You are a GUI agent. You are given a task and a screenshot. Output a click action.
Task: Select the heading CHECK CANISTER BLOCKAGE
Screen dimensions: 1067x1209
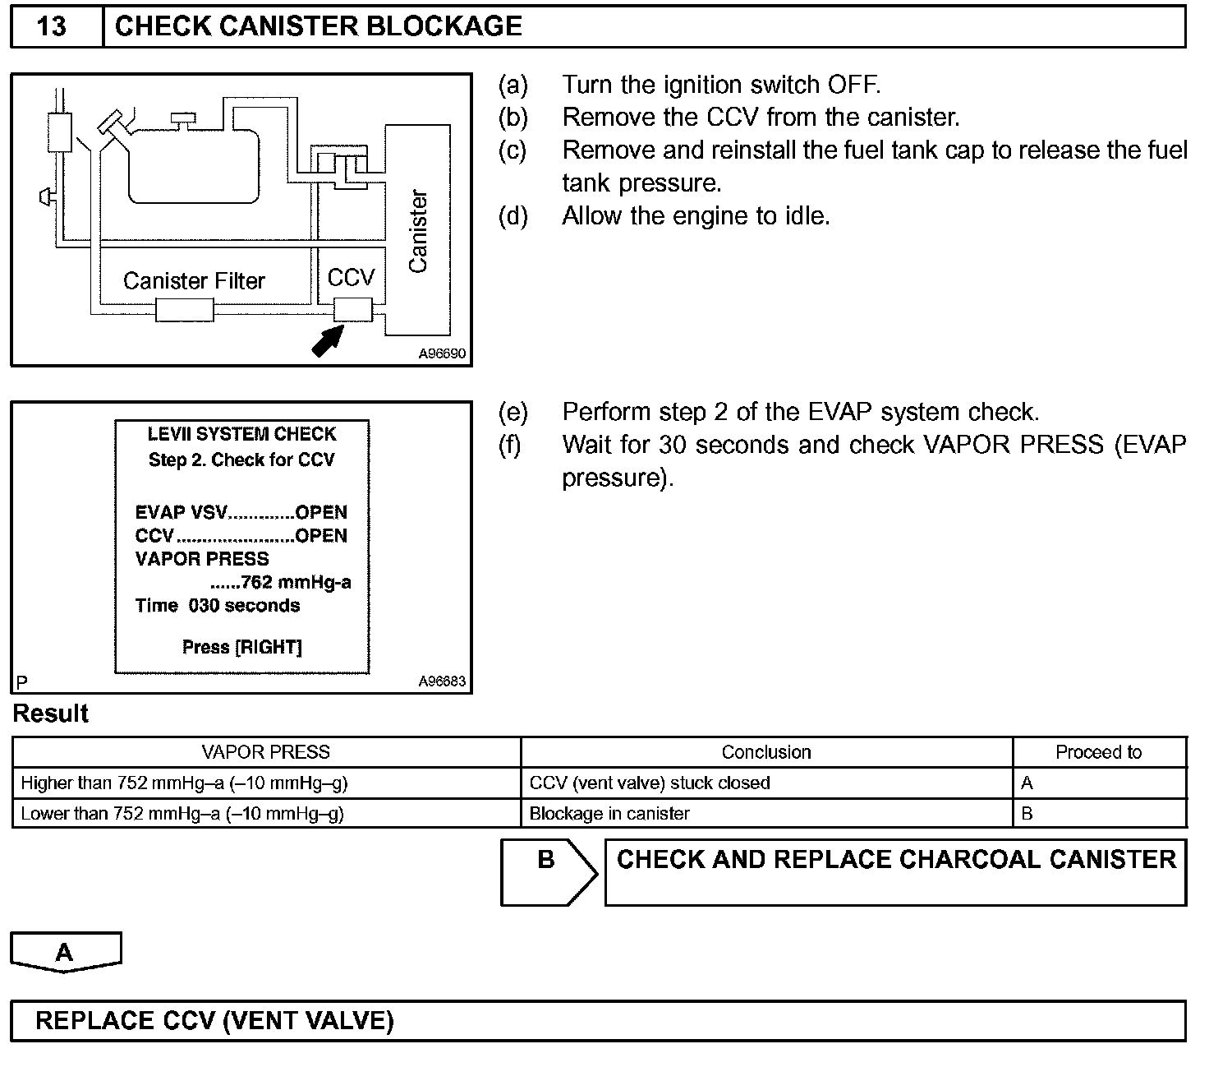coord(318,26)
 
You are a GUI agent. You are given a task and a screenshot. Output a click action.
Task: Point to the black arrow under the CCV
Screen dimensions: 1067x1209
coord(329,340)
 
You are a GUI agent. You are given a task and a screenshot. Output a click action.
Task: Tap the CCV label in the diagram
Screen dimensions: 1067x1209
coord(351,278)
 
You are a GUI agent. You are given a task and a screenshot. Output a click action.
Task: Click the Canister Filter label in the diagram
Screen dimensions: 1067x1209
coord(194,281)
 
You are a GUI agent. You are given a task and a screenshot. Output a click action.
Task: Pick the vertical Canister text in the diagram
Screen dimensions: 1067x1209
coord(418,231)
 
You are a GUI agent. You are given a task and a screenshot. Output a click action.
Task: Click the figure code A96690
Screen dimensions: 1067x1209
coord(442,354)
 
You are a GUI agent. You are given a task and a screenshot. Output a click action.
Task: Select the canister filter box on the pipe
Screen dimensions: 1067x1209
coord(185,310)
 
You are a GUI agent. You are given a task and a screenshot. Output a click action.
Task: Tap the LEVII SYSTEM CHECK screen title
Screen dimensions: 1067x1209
coord(241,434)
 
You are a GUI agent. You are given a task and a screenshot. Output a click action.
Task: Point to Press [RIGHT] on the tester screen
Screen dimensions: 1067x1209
coord(242,647)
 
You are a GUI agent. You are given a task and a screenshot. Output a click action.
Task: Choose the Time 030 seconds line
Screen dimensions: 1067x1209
coord(218,606)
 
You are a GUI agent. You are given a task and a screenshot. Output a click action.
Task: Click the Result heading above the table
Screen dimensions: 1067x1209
coord(51,714)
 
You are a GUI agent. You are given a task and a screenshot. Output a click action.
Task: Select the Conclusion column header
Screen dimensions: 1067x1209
coord(765,752)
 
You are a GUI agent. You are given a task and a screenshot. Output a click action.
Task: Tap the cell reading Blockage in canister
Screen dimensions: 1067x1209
coord(609,814)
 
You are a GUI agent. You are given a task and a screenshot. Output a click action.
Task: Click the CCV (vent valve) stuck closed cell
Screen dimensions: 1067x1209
coord(650,783)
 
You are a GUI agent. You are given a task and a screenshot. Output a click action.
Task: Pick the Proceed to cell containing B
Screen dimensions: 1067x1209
coord(1027,814)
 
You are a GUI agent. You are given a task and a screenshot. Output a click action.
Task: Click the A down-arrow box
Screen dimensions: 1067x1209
coord(65,953)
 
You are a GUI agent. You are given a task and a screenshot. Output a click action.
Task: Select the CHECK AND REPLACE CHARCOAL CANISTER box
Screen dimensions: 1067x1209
coord(895,871)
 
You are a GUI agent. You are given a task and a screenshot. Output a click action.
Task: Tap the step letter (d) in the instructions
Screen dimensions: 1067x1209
coord(513,216)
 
